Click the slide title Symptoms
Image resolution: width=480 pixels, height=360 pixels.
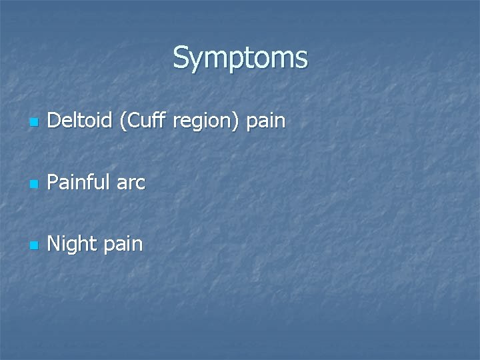point(240,58)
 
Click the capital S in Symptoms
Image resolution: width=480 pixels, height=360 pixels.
point(181,58)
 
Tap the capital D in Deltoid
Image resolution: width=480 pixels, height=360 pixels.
point(54,121)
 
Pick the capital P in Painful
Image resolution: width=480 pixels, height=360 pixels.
point(53,183)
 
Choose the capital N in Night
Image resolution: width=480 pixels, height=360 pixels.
point(55,244)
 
